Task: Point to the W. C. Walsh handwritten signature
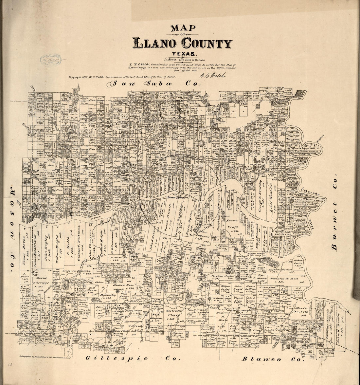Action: tap(213, 75)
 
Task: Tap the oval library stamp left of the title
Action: tap(50, 60)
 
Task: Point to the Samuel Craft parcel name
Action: tap(233, 225)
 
